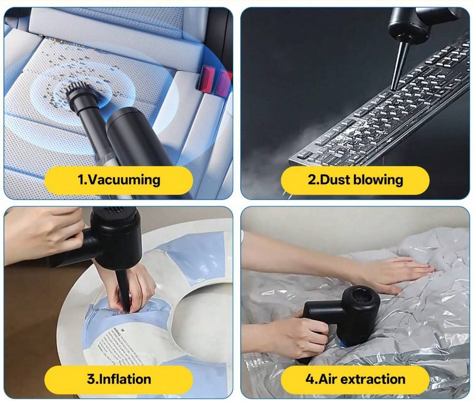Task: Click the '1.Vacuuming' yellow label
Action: pos(119,180)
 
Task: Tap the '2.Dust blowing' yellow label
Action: pos(355,180)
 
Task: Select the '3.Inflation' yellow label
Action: pos(119,379)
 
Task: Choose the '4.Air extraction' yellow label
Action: pos(355,379)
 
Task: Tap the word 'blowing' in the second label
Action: pos(378,180)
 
